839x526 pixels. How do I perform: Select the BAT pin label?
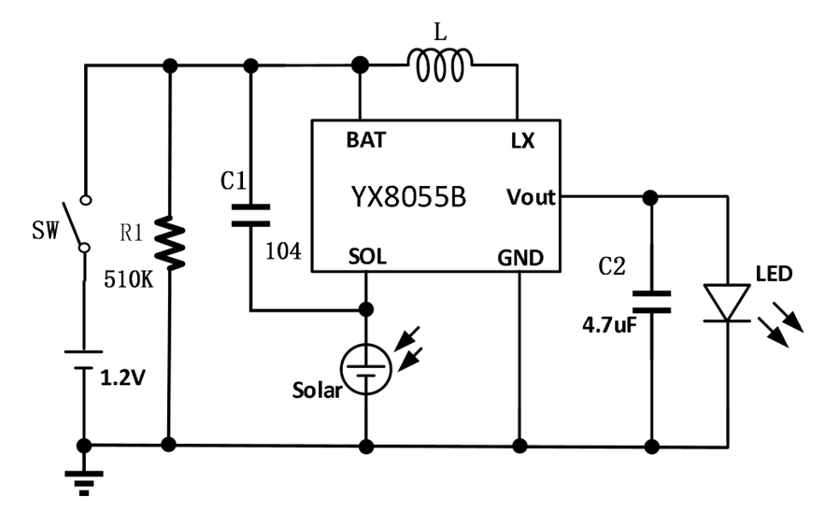[365, 141]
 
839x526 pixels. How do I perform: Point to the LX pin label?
[522, 141]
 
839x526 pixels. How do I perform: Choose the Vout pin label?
[531, 197]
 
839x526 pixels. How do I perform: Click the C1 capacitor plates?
[250, 214]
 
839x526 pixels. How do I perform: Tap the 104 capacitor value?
[283, 250]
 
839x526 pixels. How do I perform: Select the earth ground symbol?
[84, 478]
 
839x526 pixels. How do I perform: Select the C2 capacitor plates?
[651, 301]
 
